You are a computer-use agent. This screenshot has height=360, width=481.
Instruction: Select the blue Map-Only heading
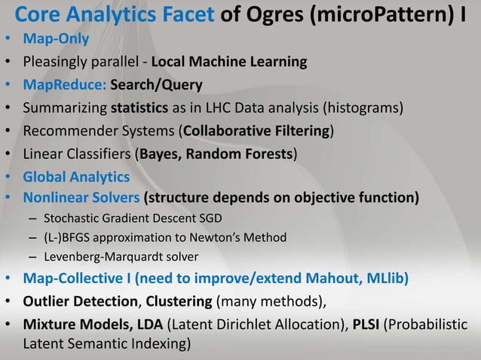click(56, 38)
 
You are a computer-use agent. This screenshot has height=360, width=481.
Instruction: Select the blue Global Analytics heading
click(76, 178)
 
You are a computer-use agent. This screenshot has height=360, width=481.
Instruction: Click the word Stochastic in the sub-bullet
click(75, 219)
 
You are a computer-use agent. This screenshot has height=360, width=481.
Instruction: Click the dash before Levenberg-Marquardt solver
click(33, 255)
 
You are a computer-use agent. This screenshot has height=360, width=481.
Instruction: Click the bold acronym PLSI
click(365, 326)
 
